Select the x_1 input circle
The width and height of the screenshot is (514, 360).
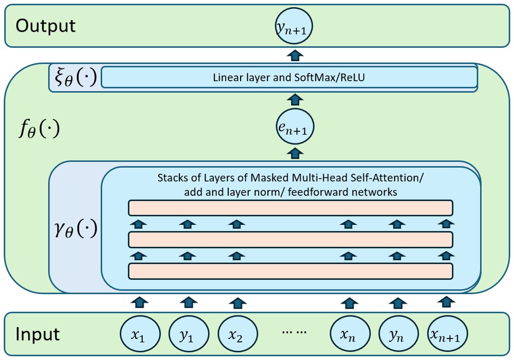click(x=138, y=334)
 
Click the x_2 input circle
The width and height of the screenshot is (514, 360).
click(x=235, y=334)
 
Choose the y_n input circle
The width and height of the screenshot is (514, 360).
click(x=396, y=334)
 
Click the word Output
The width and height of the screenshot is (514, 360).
click(x=46, y=26)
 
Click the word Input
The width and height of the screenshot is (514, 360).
click(x=38, y=334)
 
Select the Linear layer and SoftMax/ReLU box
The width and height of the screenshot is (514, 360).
click(x=289, y=78)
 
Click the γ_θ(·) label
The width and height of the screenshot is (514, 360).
click(x=75, y=230)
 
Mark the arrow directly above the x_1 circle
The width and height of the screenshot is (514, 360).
click(x=138, y=301)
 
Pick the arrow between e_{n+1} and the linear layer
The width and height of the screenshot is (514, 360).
click(x=295, y=98)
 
